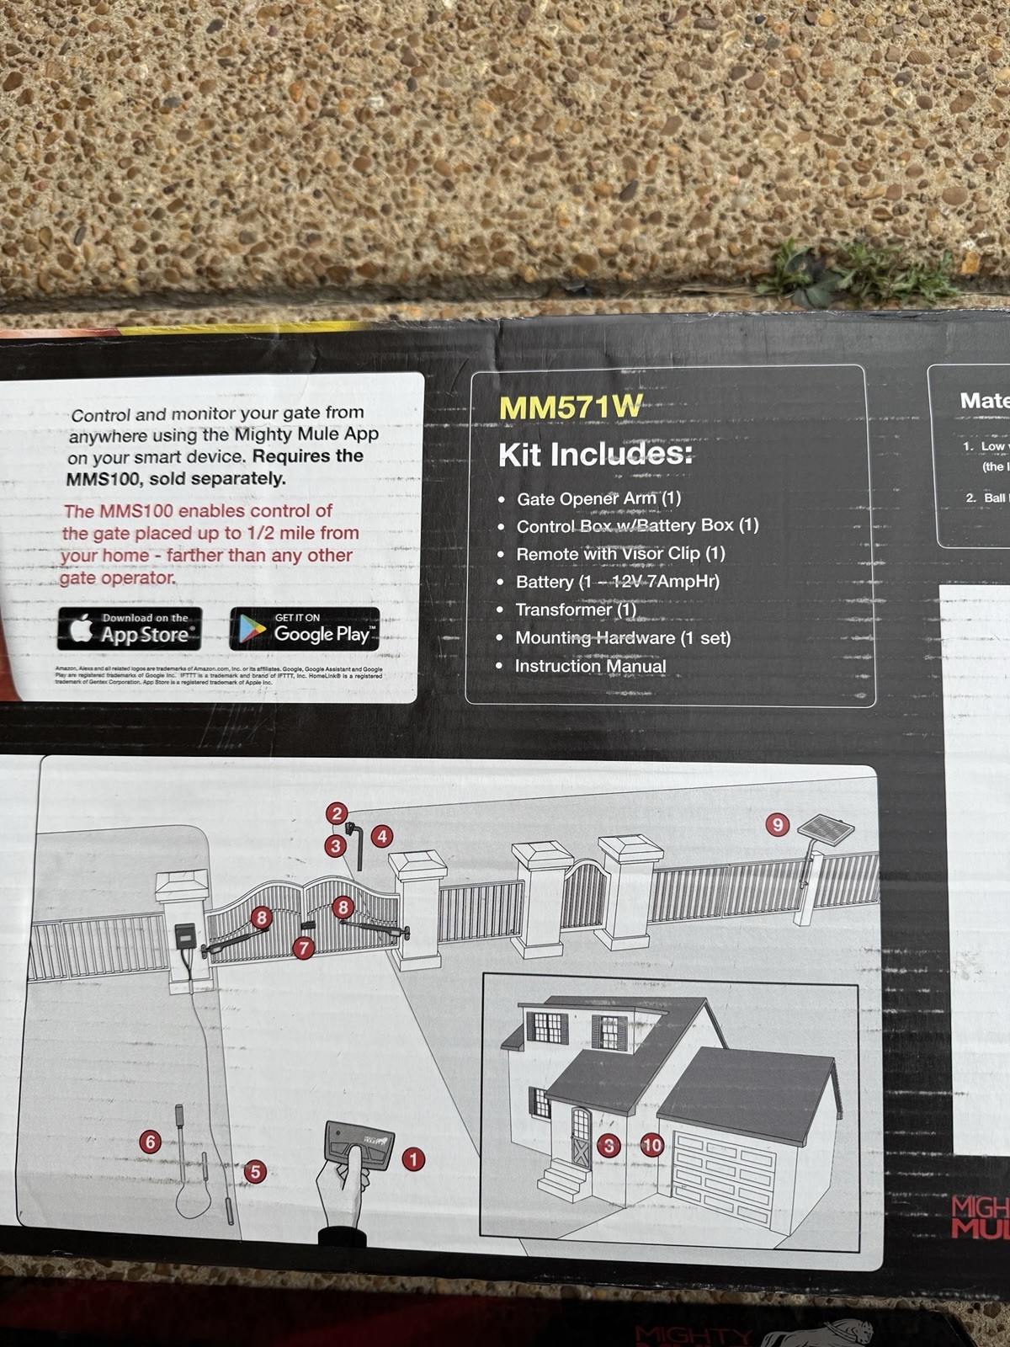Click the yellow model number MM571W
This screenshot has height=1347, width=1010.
click(x=570, y=407)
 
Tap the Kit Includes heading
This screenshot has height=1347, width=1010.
click(x=594, y=455)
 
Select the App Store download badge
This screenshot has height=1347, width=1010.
click(x=130, y=630)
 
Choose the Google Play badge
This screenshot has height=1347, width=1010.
click(x=305, y=630)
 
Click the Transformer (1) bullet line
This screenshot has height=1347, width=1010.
click(x=576, y=610)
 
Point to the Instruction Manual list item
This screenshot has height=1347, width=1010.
click(x=590, y=667)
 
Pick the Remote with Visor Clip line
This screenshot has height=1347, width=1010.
click(x=620, y=554)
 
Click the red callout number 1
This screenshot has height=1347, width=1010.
click(x=412, y=1159)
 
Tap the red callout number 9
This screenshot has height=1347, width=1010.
click(x=778, y=824)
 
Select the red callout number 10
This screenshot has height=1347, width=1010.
click(x=652, y=1145)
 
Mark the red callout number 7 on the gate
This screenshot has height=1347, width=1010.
click(x=303, y=949)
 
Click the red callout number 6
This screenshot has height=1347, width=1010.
click(x=151, y=1142)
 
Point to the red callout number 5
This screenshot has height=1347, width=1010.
click(x=255, y=1171)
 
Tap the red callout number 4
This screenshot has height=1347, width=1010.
click(x=383, y=836)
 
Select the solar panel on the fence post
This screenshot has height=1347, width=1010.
click(x=823, y=828)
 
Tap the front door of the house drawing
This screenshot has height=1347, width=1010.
click(x=581, y=1137)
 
